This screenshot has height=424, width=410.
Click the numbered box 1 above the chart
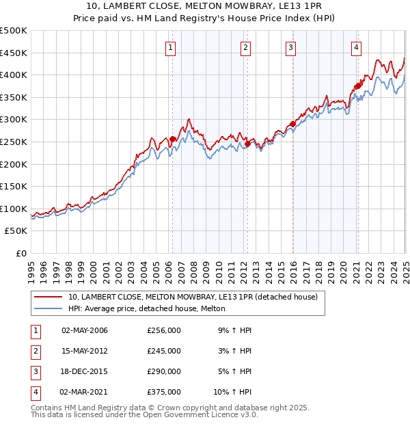click(169, 47)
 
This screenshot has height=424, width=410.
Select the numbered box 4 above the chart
click(356, 47)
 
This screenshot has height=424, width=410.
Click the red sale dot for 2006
click(172, 140)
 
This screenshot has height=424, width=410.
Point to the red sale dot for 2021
click(357, 86)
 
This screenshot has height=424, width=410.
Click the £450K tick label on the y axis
click(14, 53)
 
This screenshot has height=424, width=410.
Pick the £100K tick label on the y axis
click(14, 209)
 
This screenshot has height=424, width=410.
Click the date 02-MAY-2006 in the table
click(85, 330)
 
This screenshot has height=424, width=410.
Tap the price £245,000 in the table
click(164, 351)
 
